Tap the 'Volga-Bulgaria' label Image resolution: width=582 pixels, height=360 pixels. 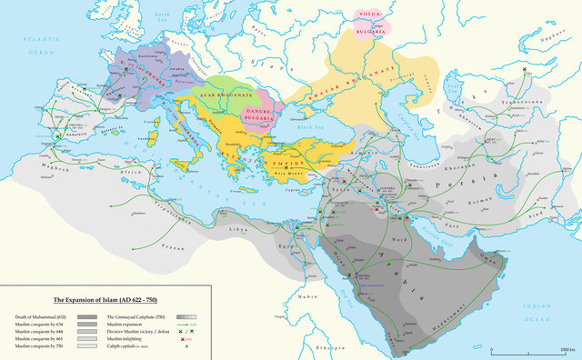tap(368, 22)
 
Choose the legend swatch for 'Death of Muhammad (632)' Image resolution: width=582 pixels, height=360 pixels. tap(91, 315)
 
